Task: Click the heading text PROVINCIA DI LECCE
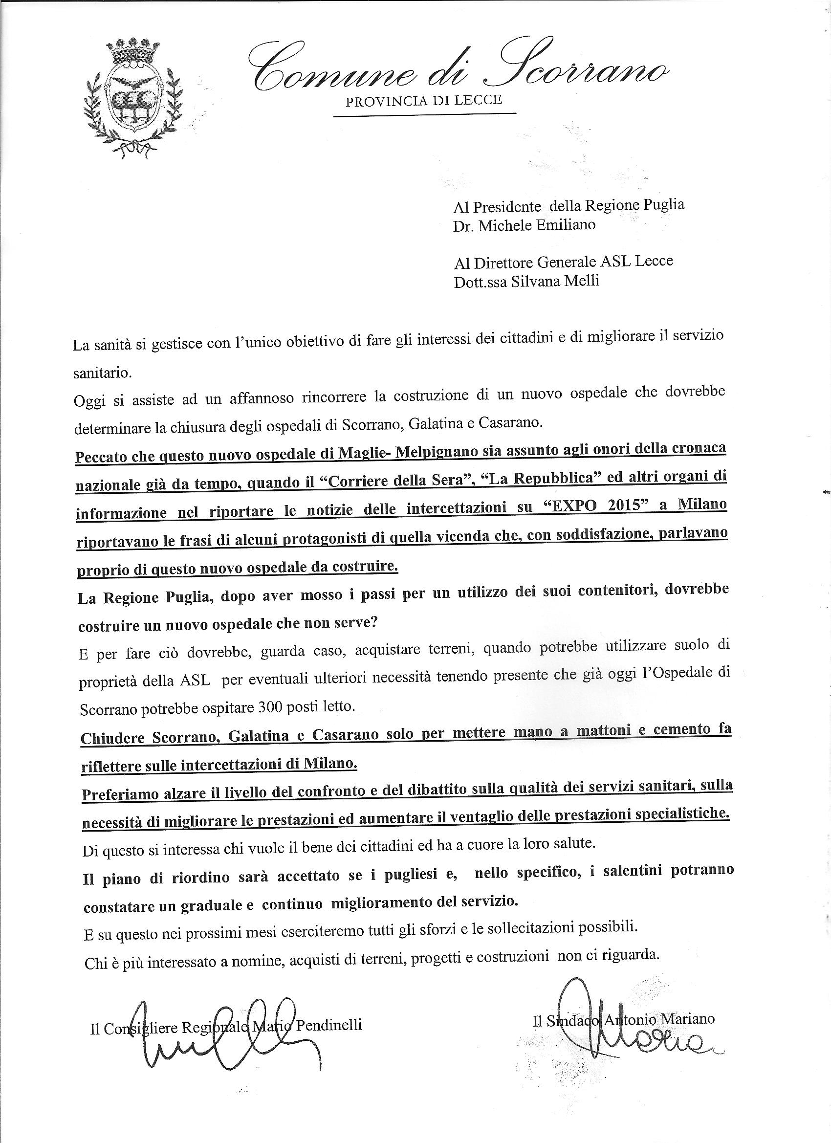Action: [x=423, y=100]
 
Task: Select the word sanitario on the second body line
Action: [x=95, y=374]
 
